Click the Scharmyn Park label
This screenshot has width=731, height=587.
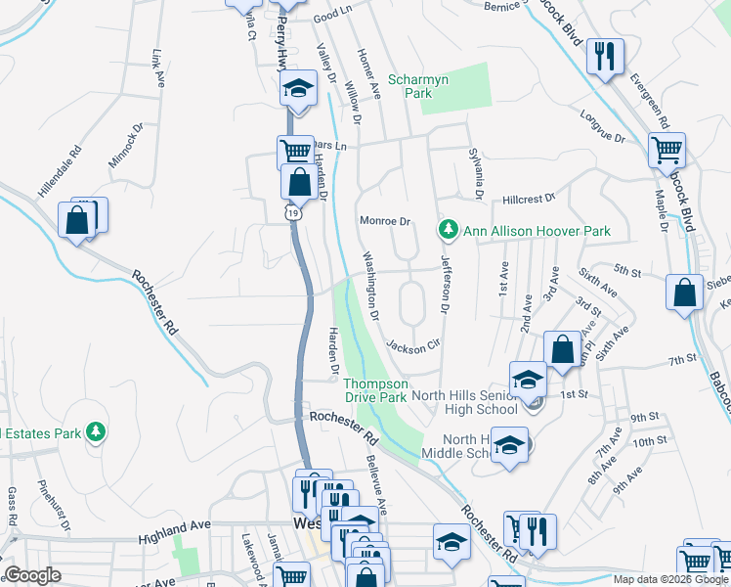click(410, 86)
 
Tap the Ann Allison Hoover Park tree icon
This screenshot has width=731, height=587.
click(449, 230)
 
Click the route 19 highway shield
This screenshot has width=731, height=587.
click(292, 212)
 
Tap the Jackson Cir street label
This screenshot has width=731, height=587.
click(413, 346)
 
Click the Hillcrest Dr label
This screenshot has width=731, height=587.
click(528, 198)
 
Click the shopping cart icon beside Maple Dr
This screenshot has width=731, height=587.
click(667, 151)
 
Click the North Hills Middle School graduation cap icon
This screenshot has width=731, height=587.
click(509, 444)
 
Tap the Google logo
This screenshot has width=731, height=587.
click(32, 575)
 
